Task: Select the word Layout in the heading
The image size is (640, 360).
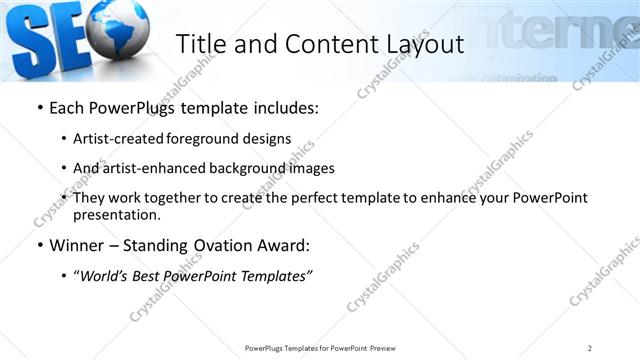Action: (421, 44)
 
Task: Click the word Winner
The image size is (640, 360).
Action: (76, 246)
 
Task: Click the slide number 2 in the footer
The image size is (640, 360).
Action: (590, 348)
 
